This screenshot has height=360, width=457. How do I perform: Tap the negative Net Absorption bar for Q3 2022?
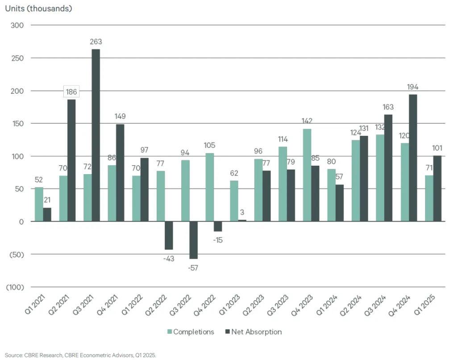193,240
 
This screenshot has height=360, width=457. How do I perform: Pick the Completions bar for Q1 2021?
39,204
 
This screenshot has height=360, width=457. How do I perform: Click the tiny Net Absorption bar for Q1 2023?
241,221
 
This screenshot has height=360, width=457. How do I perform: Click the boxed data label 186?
71,92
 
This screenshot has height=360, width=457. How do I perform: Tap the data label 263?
96,42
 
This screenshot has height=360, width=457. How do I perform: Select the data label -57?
193,268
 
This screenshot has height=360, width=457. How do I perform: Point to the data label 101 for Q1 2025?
437,148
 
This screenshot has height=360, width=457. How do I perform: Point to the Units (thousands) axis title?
38,8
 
